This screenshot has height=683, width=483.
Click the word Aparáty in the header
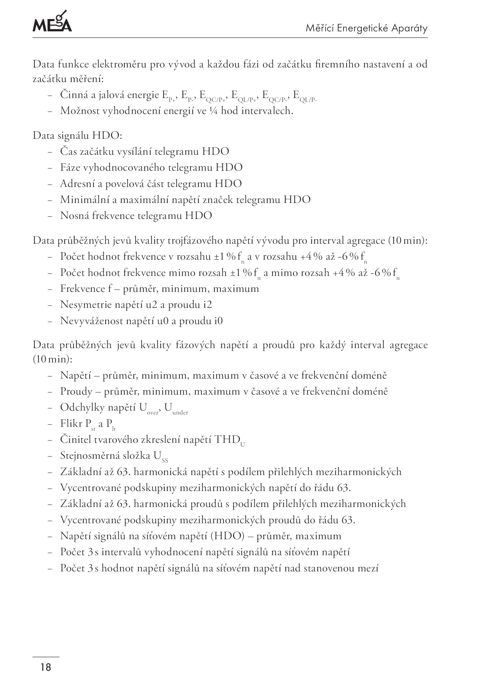(x=409, y=28)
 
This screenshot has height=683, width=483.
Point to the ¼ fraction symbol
(x=212, y=111)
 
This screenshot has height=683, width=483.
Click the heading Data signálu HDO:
(x=77, y=136)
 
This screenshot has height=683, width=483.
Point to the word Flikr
(x=71, y=424)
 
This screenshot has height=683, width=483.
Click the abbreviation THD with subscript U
(x=229, y=440)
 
